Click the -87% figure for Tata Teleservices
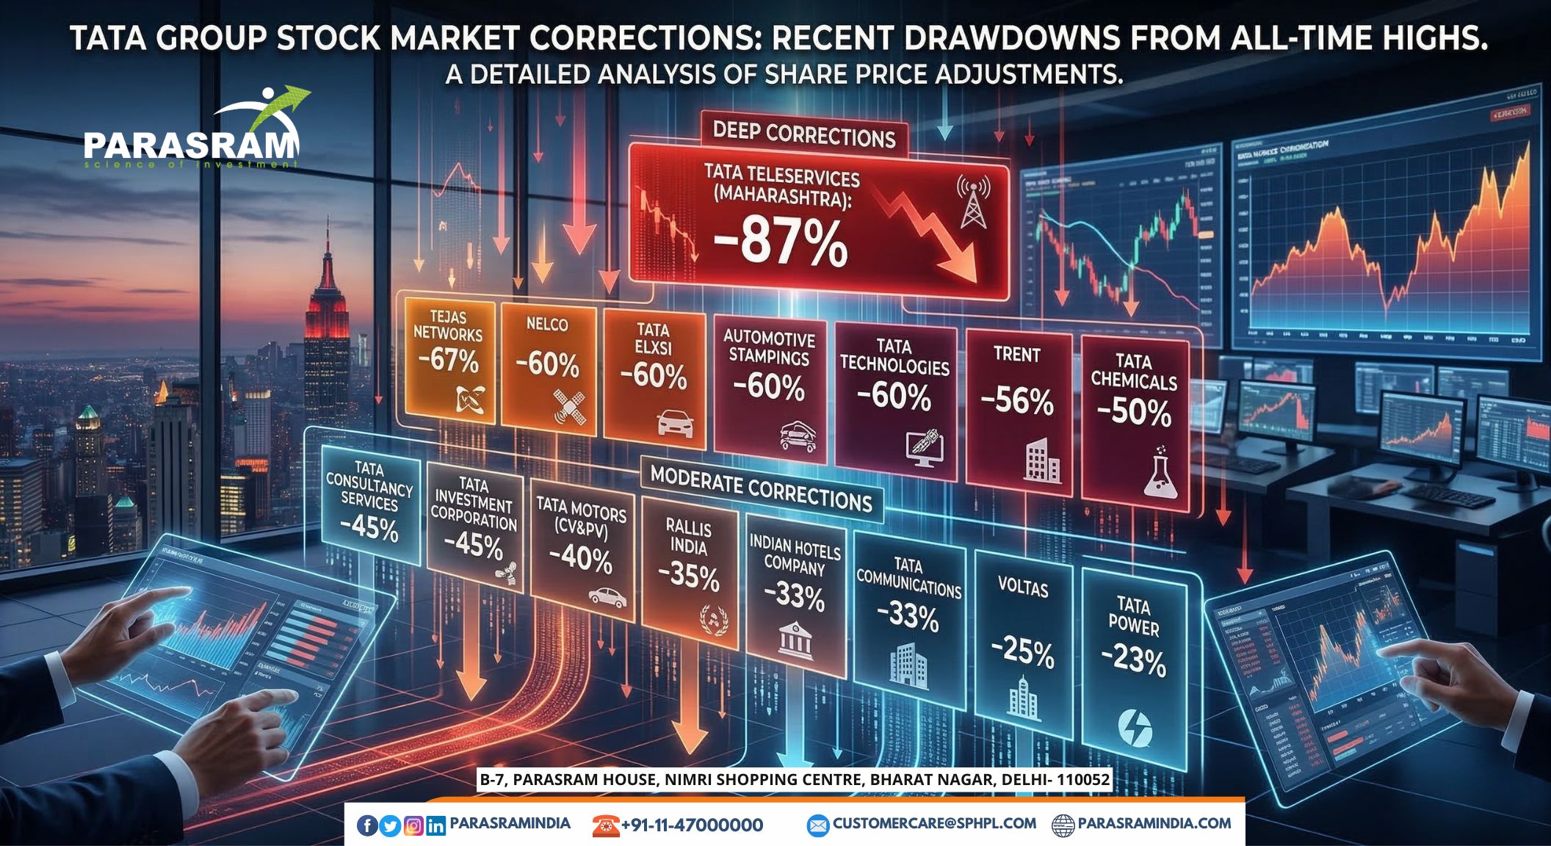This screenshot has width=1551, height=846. click(x=781, y=242)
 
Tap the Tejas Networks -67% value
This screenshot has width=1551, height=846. click(x=449, y=361)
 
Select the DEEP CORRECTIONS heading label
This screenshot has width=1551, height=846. click(x=804, y=135)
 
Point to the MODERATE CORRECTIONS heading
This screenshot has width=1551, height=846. click(x=762, y=489)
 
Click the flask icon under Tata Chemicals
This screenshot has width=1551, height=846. click(x=1160, y=472)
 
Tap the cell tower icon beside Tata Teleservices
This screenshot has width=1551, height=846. click(x=973, y=201)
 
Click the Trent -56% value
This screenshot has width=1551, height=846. click(x=1017, y=401)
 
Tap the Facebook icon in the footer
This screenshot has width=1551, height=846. click(x=367, y=825)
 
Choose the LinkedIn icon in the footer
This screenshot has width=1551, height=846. click(x=435, y=825)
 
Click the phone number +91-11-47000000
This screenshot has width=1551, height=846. click(x=692, y=825)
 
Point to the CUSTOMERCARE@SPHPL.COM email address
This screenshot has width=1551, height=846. click(x=934, y=824)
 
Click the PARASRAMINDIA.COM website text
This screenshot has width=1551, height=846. click(x=1154, y=824)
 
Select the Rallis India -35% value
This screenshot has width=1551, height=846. click(x=688, y=576)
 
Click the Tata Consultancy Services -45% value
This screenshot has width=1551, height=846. click(x=369, y=527)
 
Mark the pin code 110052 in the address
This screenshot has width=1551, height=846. click(x=1082, y=779)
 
